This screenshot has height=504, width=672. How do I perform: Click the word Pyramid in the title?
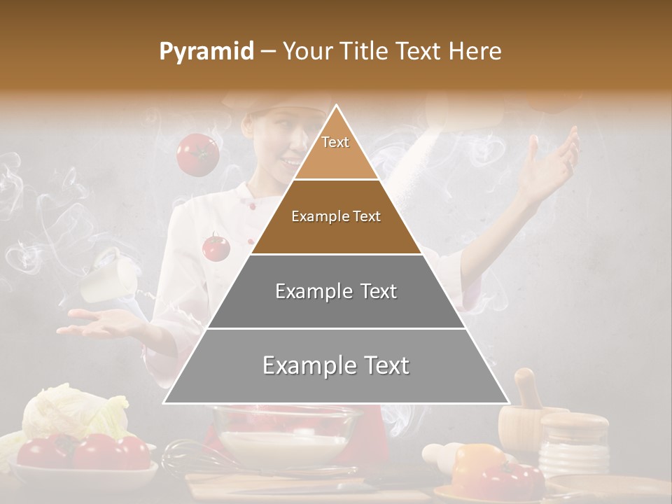point(206,52)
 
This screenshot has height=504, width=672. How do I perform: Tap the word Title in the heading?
point(365,52)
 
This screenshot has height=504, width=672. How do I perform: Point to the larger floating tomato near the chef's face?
point(197,155)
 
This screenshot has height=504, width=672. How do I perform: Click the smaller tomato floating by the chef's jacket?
point(216,247)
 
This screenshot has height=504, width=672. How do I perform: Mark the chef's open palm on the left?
point(101,321)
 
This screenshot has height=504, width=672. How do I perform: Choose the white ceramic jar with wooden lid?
point(576,441)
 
